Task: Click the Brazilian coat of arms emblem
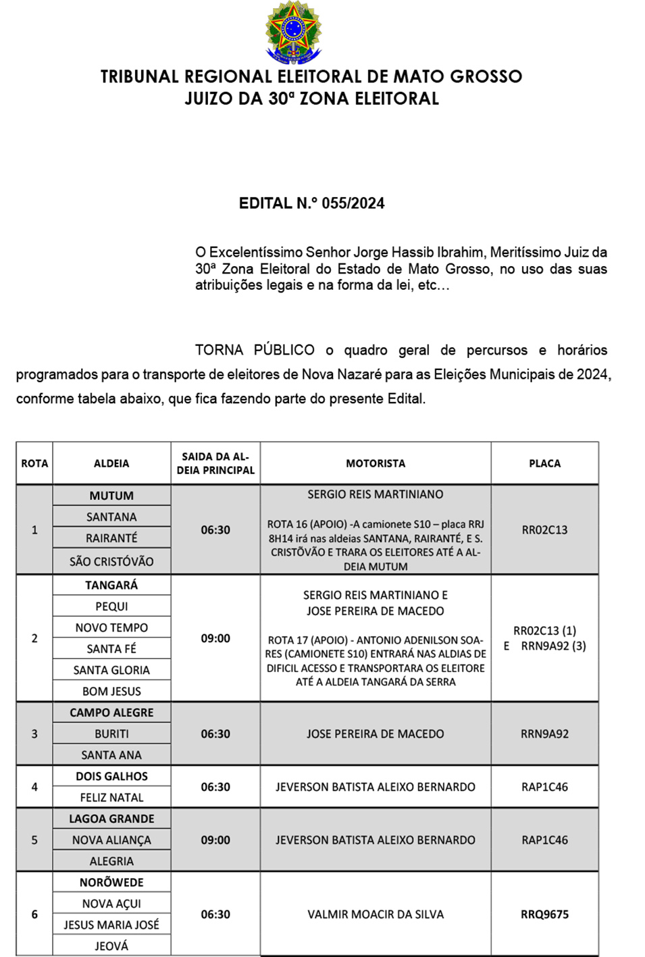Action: click(293, 32)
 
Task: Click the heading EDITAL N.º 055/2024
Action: click(311, 203)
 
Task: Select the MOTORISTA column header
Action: click(376, 463)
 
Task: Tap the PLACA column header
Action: click(544, 463)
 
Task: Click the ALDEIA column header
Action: click(111, 463)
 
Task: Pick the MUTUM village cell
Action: click(111, 496)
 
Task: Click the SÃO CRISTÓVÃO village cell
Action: click(111, 561)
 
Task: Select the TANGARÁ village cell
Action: click(111, 585)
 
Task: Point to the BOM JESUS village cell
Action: click(111, 691)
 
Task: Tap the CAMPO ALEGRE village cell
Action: click(111, 713)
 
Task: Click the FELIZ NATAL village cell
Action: click(111, 798)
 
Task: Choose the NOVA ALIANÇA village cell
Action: click(111, 840)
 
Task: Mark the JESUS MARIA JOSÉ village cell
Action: click(111, 925)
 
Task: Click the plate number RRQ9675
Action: click(544, 914)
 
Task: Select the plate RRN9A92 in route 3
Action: click(544, 733)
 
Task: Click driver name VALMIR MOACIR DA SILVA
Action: click(376, 914)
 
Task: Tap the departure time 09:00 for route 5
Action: click(215, 840)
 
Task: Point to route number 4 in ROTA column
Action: click(34, 787)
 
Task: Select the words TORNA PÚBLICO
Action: click(255, 350)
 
